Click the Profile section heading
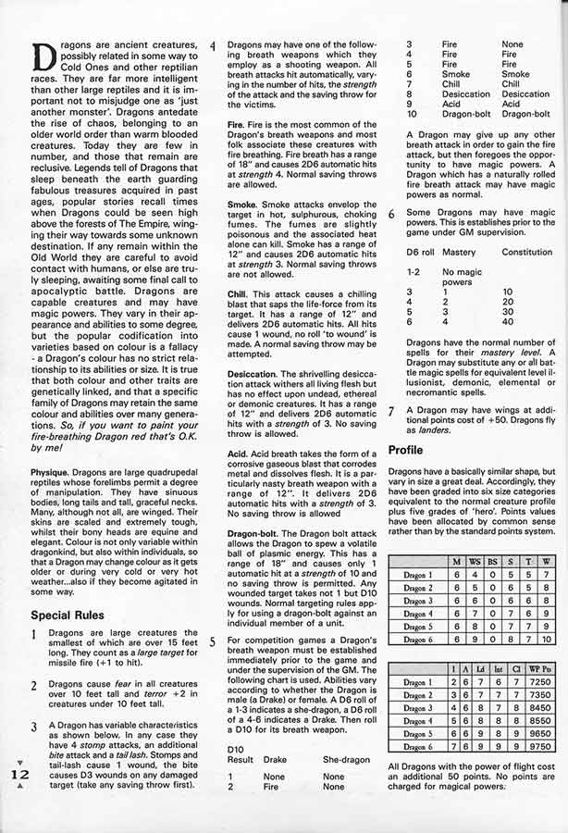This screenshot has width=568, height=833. [406, 451]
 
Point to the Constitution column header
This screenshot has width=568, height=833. [526, 252]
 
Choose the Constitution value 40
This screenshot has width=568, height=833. [507, 322]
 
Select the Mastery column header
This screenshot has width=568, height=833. [458, 252]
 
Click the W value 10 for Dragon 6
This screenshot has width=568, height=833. [546, 639]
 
